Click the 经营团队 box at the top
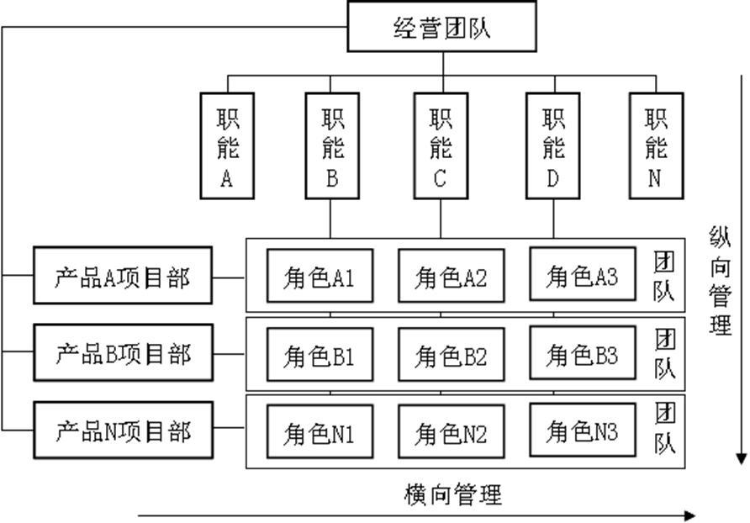[441, 27]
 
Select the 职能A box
[227, 145]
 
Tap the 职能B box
[332, 145]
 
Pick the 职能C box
[441, 145]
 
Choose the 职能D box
[553, 145]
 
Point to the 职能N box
[656, 145]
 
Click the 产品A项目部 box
[123, 275]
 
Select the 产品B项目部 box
[123, 352]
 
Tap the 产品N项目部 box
[123, 431]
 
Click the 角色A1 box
[320, 275]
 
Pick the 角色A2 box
[451, 275]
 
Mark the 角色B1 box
[320, 354]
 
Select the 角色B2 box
[451, 354]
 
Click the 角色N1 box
[320, 431]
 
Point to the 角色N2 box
[451, 431]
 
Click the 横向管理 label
[452, 494]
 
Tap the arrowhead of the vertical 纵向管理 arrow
[741, 457]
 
